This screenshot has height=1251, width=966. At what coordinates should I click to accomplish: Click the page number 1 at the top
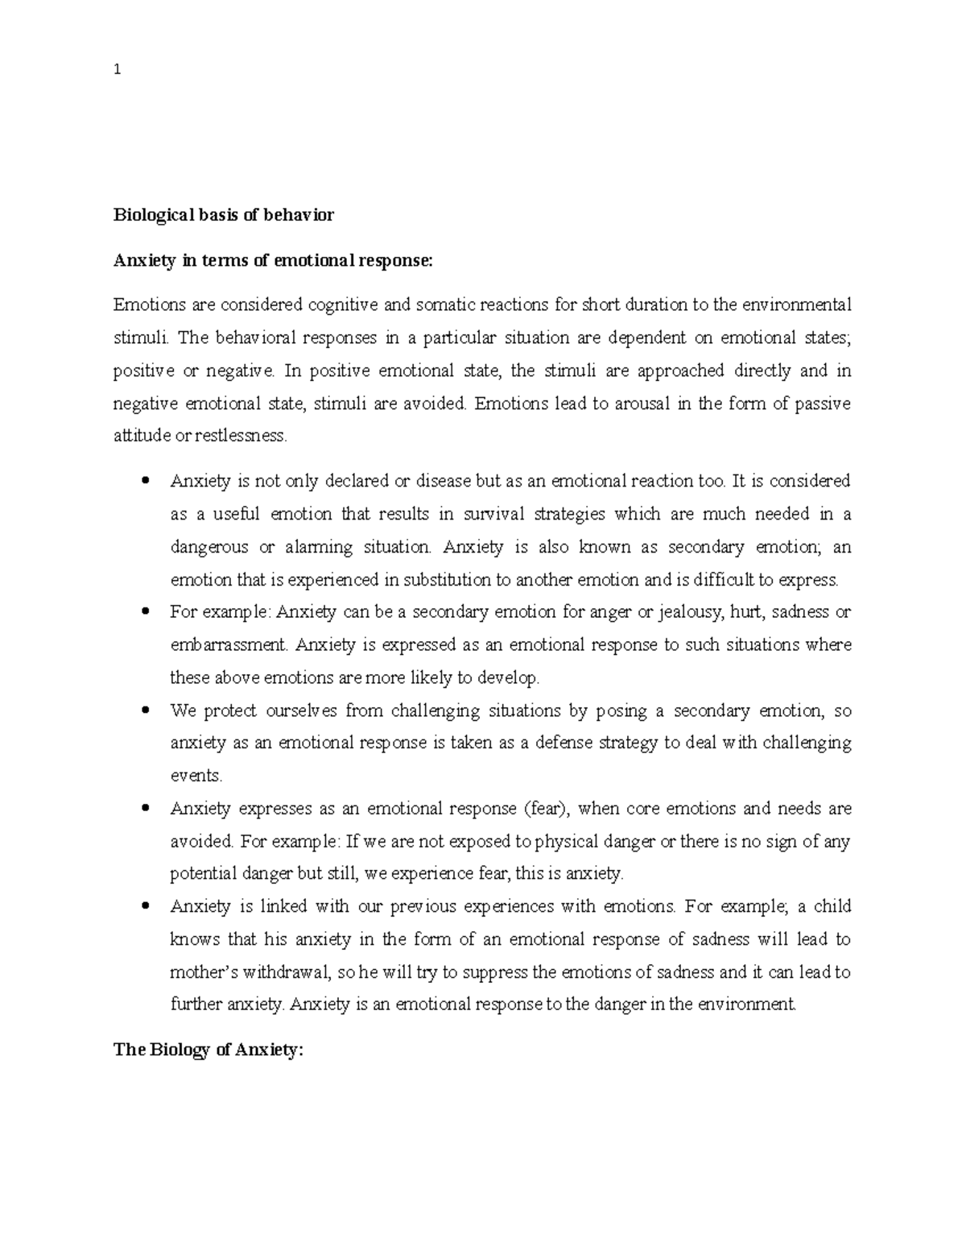[118, 69]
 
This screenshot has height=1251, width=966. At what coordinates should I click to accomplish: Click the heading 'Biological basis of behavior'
[223, 215]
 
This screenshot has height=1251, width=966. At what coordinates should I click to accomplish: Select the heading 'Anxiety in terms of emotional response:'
[274, 260]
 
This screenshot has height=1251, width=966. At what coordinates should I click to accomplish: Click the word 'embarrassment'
[229, 645]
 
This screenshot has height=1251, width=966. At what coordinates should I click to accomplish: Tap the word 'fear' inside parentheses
[545, 809]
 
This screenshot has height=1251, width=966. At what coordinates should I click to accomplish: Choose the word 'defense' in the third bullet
[564, 743]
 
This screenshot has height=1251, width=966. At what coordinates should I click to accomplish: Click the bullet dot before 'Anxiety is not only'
[146, 482]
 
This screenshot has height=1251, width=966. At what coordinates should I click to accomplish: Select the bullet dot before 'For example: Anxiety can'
[146, 612]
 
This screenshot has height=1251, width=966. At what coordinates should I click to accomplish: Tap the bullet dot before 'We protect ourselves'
[146, 710]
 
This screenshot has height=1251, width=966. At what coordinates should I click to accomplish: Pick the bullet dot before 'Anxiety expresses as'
[146, 809]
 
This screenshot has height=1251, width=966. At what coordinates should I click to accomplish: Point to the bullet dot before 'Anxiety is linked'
[146, 907]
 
